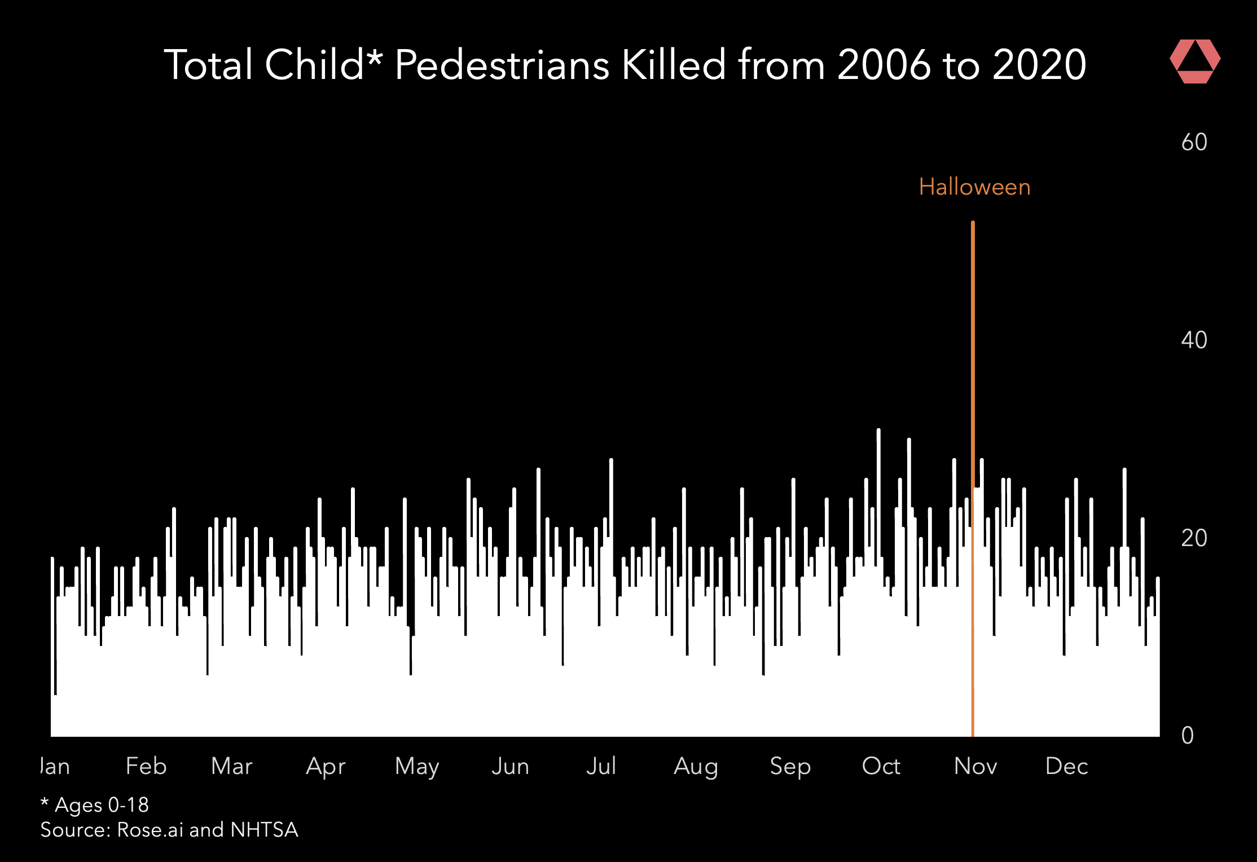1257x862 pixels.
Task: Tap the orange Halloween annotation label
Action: (x=974, y=187)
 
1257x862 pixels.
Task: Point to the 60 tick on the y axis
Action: (x=1194, y=142)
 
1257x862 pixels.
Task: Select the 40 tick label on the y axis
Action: (x=1194, y=340)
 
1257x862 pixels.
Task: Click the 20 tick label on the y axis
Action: (x=1194, y=538)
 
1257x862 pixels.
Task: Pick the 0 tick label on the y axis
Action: (x=1188, y=736)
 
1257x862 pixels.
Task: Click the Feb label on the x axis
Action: (x=146, y=766)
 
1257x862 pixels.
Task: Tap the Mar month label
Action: (x=231, y=766)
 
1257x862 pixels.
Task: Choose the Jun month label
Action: (x=510, y=766)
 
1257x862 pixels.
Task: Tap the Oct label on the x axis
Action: (x=881, y=766)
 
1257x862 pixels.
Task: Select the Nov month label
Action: (x=975, y=766)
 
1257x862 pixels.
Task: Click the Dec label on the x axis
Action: (x=1066, y=766)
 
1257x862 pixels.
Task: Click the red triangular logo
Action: (x=1195, y=61)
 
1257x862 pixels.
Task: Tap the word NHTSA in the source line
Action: (x=264, y=830)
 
